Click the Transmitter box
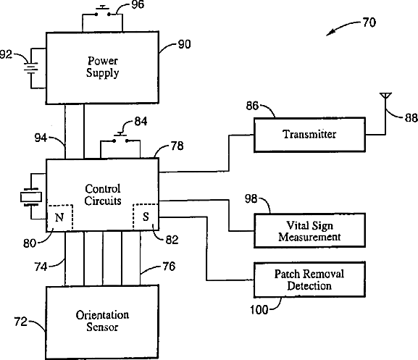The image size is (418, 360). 309,135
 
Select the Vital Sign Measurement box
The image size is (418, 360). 309,230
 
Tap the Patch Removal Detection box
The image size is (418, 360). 309,280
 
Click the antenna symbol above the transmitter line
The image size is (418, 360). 385,96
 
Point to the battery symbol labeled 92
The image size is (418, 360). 31,67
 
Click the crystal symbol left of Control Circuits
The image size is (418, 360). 31,197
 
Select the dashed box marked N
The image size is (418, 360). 60,217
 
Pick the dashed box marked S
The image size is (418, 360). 146,217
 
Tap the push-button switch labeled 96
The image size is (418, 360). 102,11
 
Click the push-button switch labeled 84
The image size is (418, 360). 120,138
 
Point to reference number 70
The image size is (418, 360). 369,22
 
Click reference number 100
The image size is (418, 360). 259,309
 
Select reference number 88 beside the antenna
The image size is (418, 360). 411,117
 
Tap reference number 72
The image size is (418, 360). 21,322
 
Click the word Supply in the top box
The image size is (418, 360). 102,73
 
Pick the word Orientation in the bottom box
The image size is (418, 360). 102,315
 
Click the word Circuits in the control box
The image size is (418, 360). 103,201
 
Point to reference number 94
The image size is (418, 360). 41,138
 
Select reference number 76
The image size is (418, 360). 169,267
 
